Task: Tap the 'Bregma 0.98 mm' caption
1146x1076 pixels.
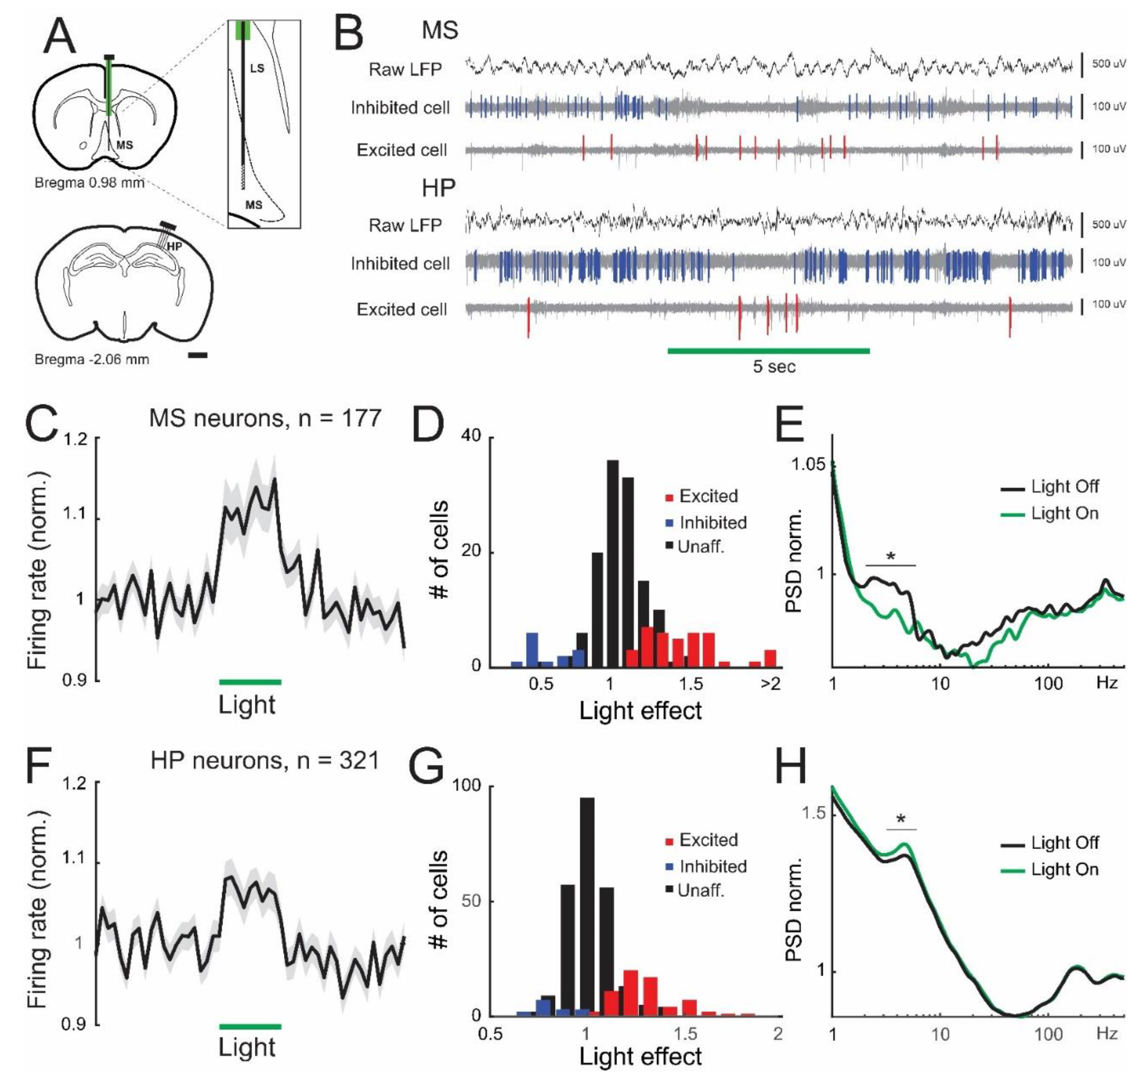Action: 89,183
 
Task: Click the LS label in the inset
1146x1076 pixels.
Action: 257,69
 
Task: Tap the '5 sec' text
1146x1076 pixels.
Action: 773,367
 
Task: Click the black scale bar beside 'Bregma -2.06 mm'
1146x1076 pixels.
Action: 198,356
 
